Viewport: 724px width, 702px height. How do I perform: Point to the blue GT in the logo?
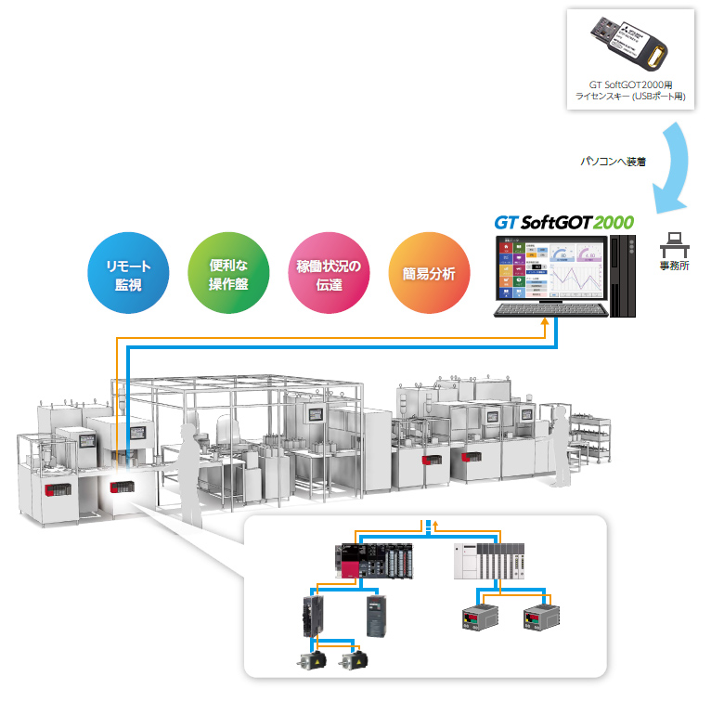click(x=505, y=223)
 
